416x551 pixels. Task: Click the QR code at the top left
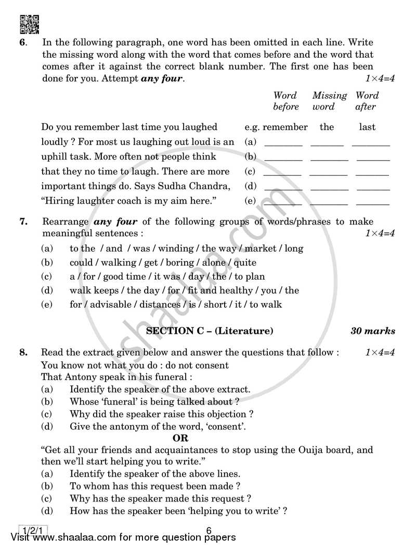tap(29, 24)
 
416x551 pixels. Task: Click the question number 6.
tap(22, 43)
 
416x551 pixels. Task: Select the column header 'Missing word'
tap(329, 101)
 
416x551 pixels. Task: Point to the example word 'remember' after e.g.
tap(285, 127)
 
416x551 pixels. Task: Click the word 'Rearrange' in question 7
tap(63, 222)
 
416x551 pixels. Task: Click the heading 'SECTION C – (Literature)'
tap(210, 331)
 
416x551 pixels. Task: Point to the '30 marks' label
tap(372, 331)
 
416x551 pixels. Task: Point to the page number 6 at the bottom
tap(209, 531)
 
